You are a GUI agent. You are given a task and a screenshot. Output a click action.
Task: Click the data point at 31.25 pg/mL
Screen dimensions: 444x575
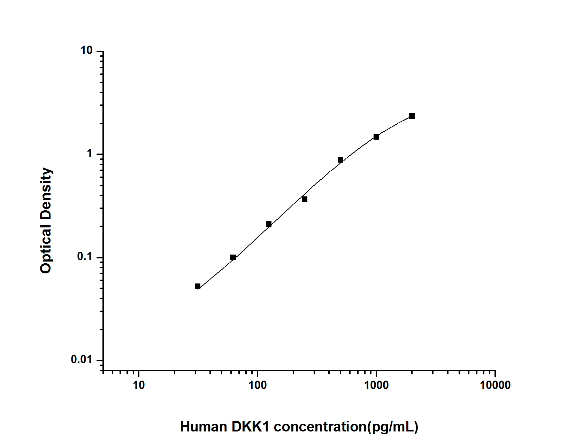click(x=198, y=286)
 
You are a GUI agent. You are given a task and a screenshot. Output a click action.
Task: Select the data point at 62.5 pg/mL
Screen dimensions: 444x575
click(x=233, y=257)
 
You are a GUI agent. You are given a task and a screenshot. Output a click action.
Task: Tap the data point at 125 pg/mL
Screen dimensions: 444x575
click(x=269, y=224)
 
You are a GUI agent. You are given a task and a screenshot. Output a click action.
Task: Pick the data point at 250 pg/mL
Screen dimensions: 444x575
click(x=305, y=199)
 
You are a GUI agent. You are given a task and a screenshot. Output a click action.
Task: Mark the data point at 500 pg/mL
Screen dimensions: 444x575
click(x=340, y=160)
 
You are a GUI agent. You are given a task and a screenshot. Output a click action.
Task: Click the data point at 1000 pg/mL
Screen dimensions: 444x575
click(x=376, y=137)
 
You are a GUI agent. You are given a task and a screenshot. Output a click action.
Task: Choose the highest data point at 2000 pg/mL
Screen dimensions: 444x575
click(x=412, y=116)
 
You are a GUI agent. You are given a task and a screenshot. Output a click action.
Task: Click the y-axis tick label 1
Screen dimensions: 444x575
click(x=90, y=154)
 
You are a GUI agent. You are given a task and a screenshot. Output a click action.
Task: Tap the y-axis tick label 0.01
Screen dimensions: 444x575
click(x=81, y=359)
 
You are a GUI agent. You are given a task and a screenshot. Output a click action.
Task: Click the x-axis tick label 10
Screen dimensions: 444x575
click(x=139, y=385)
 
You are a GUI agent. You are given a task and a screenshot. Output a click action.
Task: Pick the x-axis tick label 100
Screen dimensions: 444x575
click(x=258, y=385)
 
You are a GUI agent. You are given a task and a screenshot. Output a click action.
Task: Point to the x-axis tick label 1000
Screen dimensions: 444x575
click(x=376, y=385)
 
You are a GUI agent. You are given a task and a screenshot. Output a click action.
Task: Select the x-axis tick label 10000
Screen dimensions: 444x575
click(x=495, y=385)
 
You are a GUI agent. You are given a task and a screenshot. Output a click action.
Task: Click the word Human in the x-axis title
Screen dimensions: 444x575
click(x=203, y=427)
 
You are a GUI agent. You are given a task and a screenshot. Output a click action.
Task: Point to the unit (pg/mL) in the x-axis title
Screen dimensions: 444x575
click(x=393, y=427)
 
